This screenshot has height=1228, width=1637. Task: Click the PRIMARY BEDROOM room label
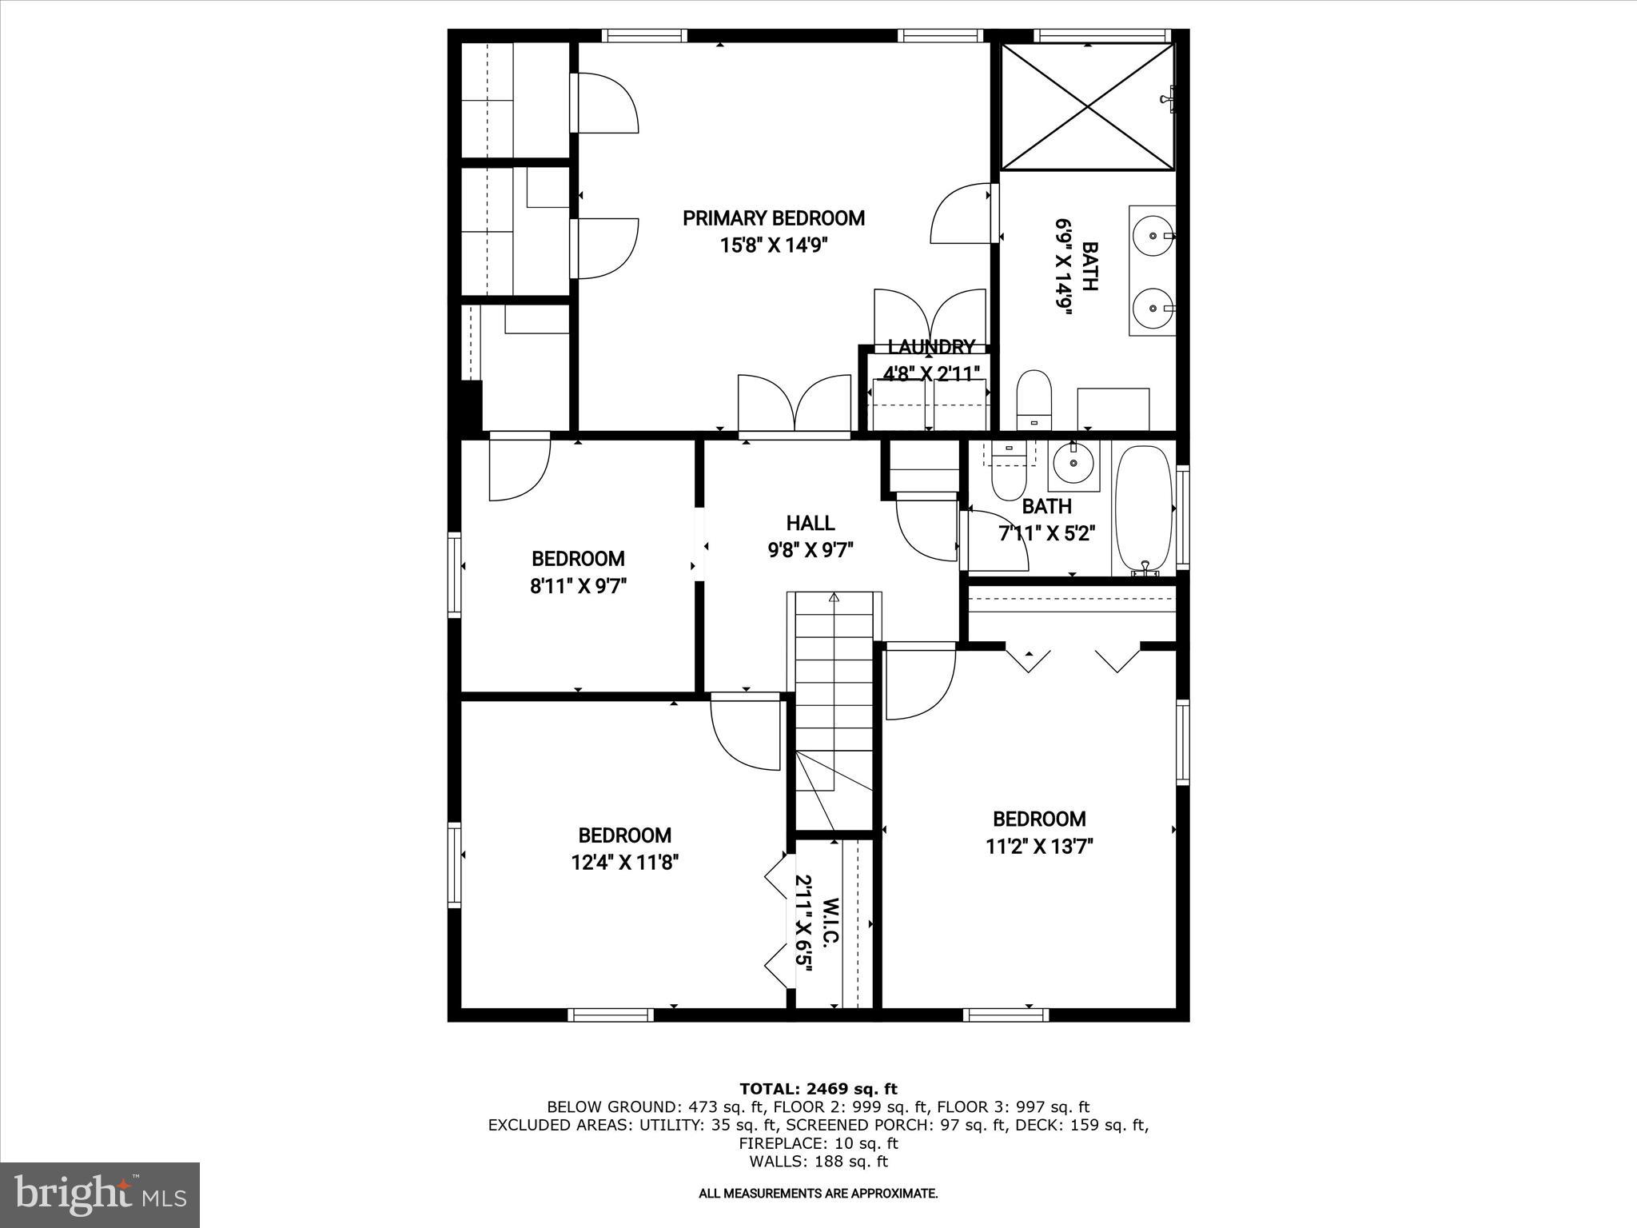click(x=773, y=218)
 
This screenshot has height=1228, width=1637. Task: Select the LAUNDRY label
click(x=931, y=347)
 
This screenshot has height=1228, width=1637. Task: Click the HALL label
click(x=811, y=523)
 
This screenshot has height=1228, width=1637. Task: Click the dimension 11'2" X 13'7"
click(x=1039, y=846)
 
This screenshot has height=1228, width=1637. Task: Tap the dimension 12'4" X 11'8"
click(x=625, y=863)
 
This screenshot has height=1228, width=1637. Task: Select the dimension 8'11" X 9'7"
click(x=578, y=586)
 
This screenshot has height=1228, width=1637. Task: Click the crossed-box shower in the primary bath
click(x=1088, y=106)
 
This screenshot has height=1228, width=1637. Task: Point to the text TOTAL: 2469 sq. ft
click(x=818, y=1089)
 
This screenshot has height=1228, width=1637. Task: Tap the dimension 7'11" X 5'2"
click(x=1046, y=533)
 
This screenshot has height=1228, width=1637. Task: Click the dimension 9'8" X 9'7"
click(x=811, y=550)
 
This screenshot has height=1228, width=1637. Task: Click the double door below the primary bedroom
click(x=794, y=405)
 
